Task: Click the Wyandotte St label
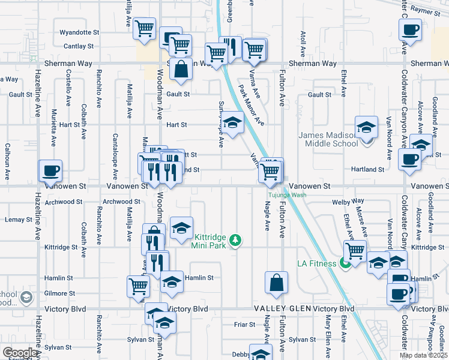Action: [x=79, y=32]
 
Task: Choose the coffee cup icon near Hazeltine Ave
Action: [x=50, y=170]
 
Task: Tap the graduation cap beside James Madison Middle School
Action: [x=366, y=127]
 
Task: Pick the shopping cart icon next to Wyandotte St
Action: [x=144, y=28]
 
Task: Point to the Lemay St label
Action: [x=18, y=220]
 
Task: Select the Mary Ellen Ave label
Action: [x=329, y=336]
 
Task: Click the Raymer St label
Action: [x=427, y=11]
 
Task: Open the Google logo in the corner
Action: [x=20, y=353]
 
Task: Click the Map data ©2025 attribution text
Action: [x=423, y=355]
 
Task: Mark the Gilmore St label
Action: [x=59, y=293]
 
